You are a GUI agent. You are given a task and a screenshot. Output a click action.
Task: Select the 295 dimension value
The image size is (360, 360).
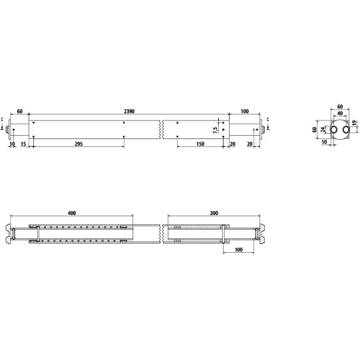tap(78, 143)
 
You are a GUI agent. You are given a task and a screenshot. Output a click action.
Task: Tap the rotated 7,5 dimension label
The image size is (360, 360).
tap(215, 130)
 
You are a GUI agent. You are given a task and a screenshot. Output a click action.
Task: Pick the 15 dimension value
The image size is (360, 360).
tap(23, 143)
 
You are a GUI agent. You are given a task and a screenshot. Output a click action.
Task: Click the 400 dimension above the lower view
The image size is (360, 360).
tap(72, 213)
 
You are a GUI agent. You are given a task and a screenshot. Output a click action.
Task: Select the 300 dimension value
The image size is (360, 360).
tap(214, 213)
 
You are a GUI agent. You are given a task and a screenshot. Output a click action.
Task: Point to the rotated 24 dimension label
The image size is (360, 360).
tap(323, 130)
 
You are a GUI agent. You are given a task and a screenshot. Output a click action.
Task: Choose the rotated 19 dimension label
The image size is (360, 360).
tap(354, 124)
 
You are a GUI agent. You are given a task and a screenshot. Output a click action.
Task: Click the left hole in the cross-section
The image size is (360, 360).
tap(330, 130)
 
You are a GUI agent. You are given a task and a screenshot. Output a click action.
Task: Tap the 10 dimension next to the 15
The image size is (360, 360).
tap(12, 143)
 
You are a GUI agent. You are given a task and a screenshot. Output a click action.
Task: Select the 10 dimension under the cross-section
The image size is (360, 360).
tap(324, 142)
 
